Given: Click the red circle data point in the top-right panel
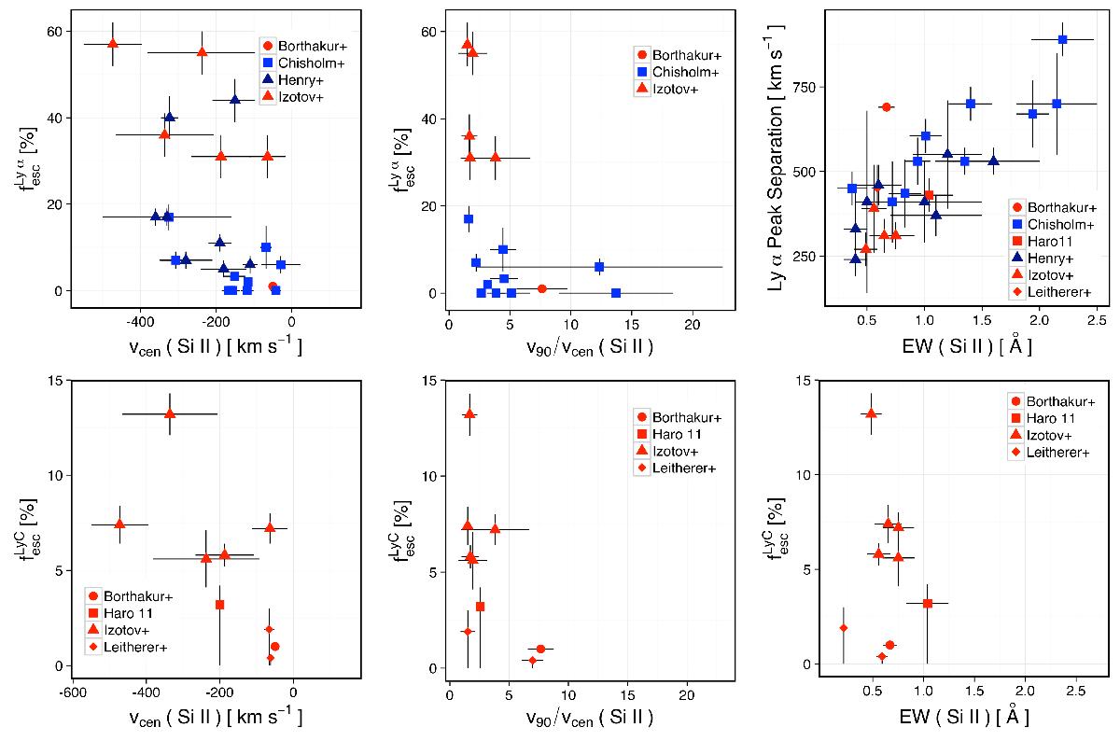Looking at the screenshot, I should point(886,107).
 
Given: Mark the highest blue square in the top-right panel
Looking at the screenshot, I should point(1062,39).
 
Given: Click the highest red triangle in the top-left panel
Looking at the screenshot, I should point(113,44).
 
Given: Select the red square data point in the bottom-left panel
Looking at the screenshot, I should point(219,605).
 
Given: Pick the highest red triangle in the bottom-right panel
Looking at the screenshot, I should point(871,413).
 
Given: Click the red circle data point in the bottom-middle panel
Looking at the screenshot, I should point(541,649).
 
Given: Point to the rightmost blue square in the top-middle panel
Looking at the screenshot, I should point(616,293).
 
